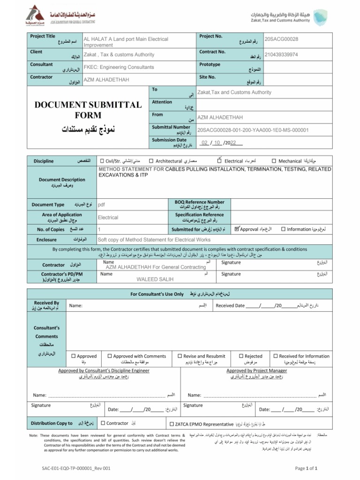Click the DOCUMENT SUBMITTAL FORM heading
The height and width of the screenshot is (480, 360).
coord(88,110)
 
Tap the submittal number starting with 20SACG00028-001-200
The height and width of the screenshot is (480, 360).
coord(253,130)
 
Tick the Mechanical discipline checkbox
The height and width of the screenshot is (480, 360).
coord(274,161)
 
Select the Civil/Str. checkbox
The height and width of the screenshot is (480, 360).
coord(102,161)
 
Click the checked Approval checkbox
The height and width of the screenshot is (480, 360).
coord(237,229)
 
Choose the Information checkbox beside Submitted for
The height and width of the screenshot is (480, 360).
coord(283,229)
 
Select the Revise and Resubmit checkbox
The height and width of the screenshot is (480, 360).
coord(179,356)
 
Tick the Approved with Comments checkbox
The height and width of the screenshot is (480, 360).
coord(109,356)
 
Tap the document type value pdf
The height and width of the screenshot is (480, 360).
coord(101,205)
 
